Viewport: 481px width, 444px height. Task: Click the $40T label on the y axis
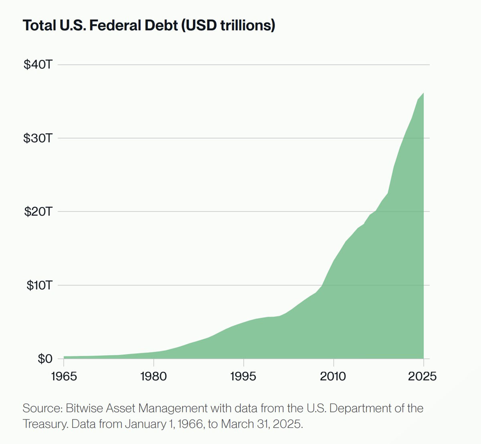(38, 65)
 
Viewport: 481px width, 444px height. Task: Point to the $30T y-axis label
(38, 138)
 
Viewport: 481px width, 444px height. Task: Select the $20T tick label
(38, 212)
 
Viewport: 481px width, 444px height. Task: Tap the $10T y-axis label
(39, 285)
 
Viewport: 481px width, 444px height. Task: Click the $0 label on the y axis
(45, 359)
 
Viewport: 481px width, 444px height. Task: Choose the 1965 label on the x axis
(64, 376)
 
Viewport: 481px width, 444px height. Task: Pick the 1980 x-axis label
(154, 376)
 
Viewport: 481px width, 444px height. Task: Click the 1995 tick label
(243, 376)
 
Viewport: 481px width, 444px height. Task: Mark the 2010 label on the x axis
(333, 376)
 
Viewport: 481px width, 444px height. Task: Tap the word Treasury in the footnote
(44, 424)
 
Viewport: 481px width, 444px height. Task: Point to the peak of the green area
(423, 93)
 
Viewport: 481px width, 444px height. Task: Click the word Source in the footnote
(41, 408)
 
